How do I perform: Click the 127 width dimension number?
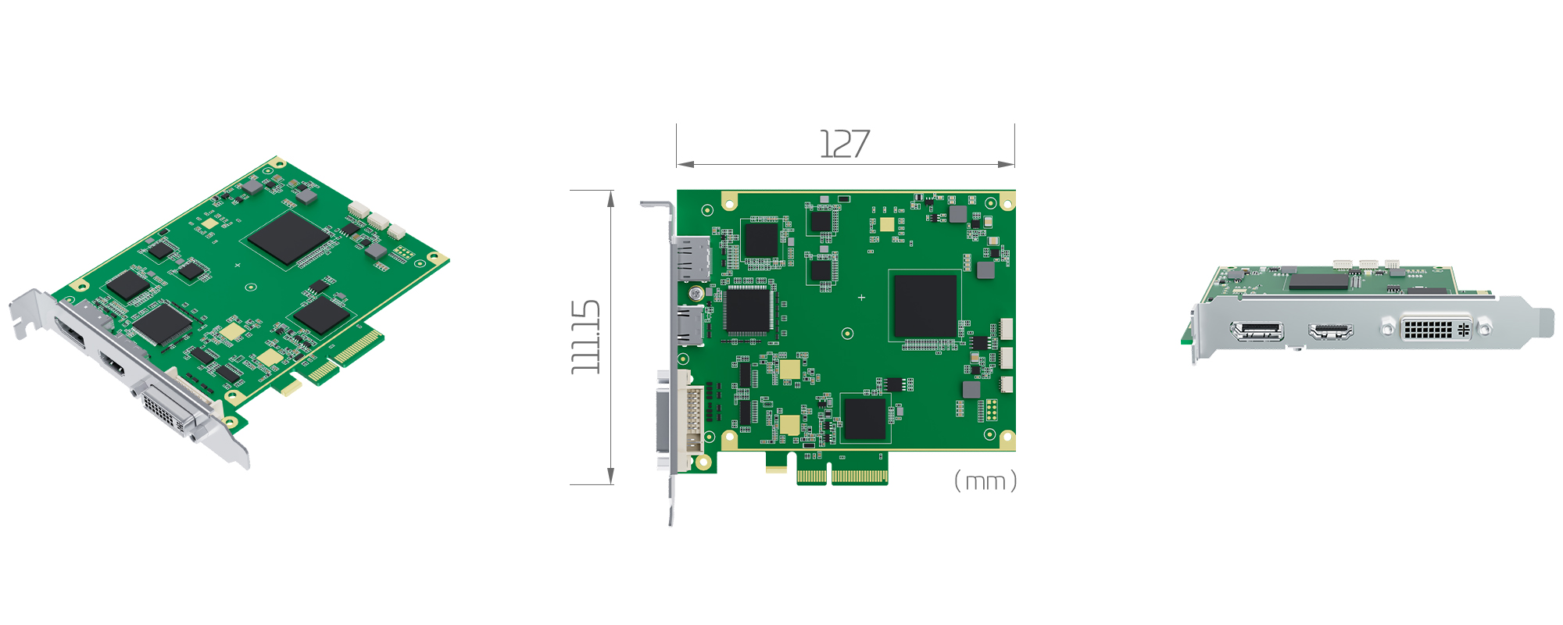tap(844, 144)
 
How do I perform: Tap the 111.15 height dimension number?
tap(585, 337)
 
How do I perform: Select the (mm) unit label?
tap(985, 481)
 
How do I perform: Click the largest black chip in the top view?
tap(925, 305)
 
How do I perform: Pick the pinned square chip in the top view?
tap(749, 309)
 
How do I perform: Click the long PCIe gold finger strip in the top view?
tap(859, 476)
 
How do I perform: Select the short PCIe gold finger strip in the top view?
tap(811, 476)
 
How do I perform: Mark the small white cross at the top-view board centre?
tap(861, 298)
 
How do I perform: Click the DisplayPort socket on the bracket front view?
tap(1257, 331)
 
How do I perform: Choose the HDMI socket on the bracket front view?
tap(1330, 331)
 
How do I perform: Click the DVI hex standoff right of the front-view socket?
tap(1484, 329)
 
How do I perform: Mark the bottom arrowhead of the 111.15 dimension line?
tap(610, 477)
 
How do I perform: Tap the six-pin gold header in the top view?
tap(991, 409)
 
